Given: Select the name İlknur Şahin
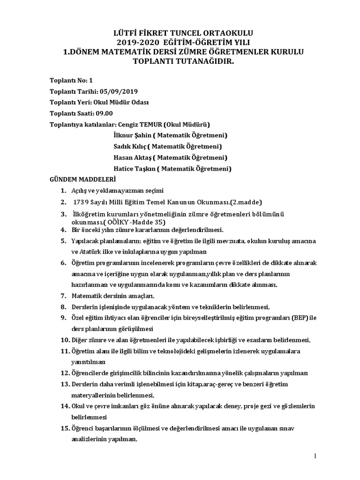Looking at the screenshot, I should coord(129,135).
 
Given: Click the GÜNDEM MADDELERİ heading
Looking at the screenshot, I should coord(82,180).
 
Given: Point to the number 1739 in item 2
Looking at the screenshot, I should coord(82,202).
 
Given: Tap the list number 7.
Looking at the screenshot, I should coord(63,296).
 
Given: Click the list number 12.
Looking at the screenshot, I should coord(65,373).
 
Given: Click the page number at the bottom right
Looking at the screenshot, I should coord(315,456).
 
